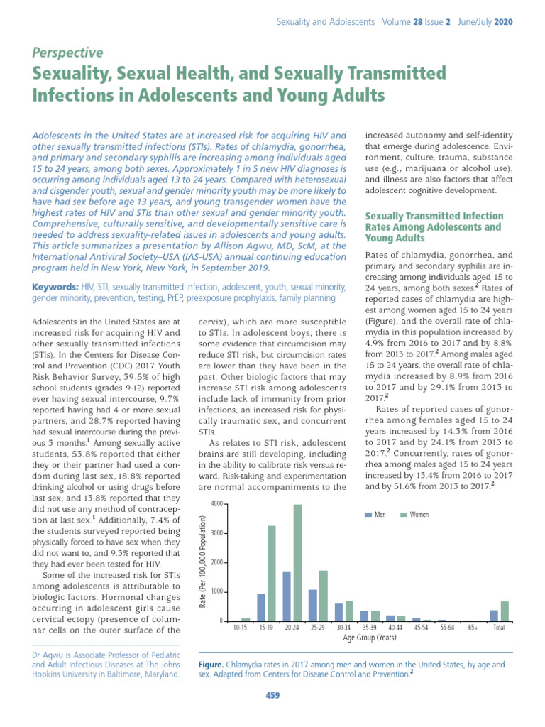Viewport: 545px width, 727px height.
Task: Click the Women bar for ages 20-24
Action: [298, 562]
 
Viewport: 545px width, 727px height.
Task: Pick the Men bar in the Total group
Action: [494, 616]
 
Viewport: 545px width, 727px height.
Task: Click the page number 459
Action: [272, 695]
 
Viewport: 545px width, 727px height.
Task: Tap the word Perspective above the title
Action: [67, 53]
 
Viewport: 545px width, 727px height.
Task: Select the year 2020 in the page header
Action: [501, 22]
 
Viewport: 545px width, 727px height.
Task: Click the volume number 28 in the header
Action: [419, 22]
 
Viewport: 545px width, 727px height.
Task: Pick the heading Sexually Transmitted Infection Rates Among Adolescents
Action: [434, 227]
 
